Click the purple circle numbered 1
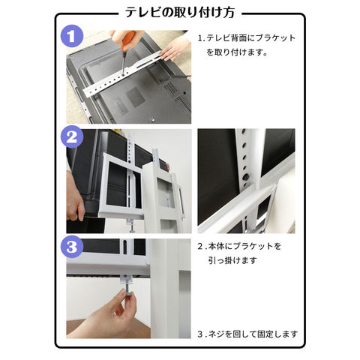pyautogui.click(x=72, y=36)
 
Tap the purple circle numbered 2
pyautogui.click(x=72, y=136)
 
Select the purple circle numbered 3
pyautogui.click(x=72, y=246)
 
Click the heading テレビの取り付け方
pyautogui.click(x=180, y=13)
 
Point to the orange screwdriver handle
pyautogui.click(x=128, y=40)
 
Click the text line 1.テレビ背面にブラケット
pyautogui.click(x=247, y=38)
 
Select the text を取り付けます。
pyautogui.click(x=237, y=52)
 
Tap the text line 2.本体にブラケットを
pyautogui.click(x=239, y=246)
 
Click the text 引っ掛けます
pyautogui.click(x=232, y=260)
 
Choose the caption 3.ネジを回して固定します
pyautogui.click(x=247, y=334)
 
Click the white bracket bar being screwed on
pyautogui.click(x=122, y=73)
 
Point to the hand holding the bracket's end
pyautogui.click(x=175, y=47)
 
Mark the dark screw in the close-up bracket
pyautogui.click(x=245, y=177)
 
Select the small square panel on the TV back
pyautogui.click(x=135, y=97)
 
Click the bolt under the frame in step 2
pyautogui.click(x=131, y=226)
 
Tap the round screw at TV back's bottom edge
pyautogui.click(x=153, y=119)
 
